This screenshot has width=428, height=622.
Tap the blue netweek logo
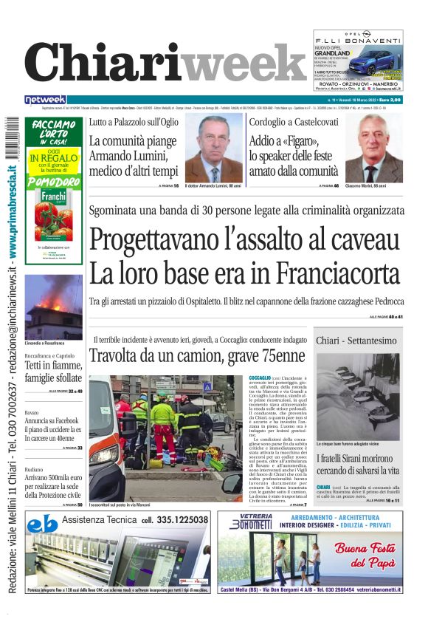[45, 100]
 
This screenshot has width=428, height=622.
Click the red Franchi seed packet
[53, 215]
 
